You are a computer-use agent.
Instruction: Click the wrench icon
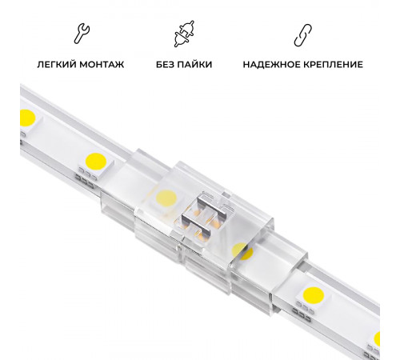[x=81, y=34]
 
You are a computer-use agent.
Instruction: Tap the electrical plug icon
[x=182, y=34]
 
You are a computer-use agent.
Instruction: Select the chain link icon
[x=302, y=34]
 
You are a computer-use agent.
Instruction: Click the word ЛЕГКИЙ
[x=58, y=64]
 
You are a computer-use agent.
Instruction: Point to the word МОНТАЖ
[x=103, y=64]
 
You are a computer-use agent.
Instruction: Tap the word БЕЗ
[x=166, y=64]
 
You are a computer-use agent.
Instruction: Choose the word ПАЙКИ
[x=194, y=64]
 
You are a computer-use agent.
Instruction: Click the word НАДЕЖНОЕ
[x=270, y=64]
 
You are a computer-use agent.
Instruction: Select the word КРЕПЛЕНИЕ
[x=332, y=64]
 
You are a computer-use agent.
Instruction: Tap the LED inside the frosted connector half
[x=166, y=196]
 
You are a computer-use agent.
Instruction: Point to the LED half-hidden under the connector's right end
[x=242, y=251]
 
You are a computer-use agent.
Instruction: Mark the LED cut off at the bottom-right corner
[x=377, y=338]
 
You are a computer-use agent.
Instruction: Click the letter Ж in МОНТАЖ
[x=120, y=64]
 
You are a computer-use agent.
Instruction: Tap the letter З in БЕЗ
[x=174, y=64]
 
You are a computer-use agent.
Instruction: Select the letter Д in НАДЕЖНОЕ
[x=260, y=64]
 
